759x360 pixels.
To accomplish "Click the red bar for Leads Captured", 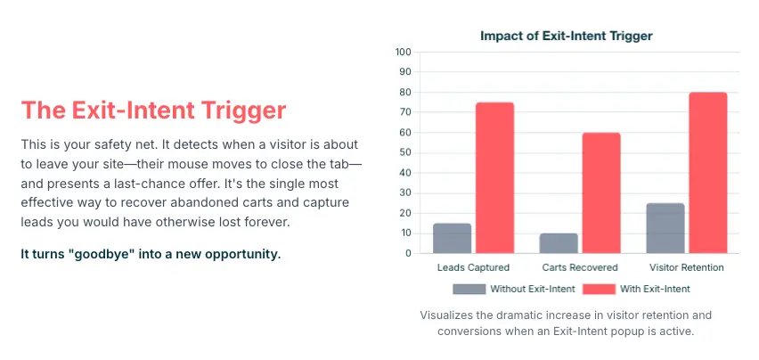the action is point(494,177).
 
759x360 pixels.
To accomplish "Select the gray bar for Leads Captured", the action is point(453,238).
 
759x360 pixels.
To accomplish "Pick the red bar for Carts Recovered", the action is point(601,192).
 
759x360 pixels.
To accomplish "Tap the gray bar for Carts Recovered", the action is point(559,243).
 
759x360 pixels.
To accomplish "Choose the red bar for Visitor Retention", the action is point(708,173).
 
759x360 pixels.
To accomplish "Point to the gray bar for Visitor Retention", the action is point(665,228).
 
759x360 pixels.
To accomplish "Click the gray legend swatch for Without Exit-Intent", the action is point(469,290).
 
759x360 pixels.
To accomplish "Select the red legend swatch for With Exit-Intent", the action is point(599,290).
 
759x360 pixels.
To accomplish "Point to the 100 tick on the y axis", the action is point(404,52).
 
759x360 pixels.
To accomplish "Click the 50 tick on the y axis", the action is point(405,153).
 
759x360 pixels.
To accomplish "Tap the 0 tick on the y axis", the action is point(409,254).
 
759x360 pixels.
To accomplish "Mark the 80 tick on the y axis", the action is point(405,92).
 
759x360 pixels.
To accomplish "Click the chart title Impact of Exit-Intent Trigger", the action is point(567,36).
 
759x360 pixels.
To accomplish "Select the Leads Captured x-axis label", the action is point(473,267).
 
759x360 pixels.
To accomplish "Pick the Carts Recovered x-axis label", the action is point(580,267).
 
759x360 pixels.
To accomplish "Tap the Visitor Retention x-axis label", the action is point(687,267).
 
